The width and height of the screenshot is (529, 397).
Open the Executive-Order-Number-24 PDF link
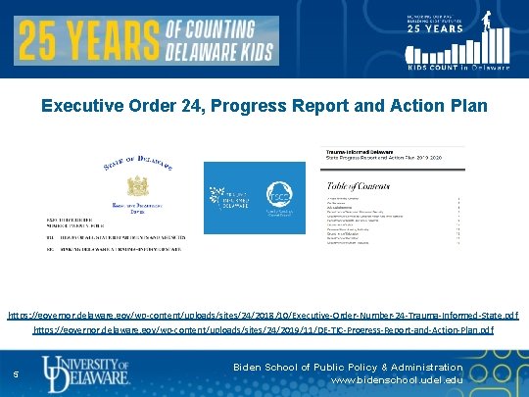click(x=264, y=316)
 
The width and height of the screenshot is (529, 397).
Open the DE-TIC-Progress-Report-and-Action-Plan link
click(x=264, y=331)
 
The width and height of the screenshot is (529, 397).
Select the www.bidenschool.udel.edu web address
click(x=396, y=380)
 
